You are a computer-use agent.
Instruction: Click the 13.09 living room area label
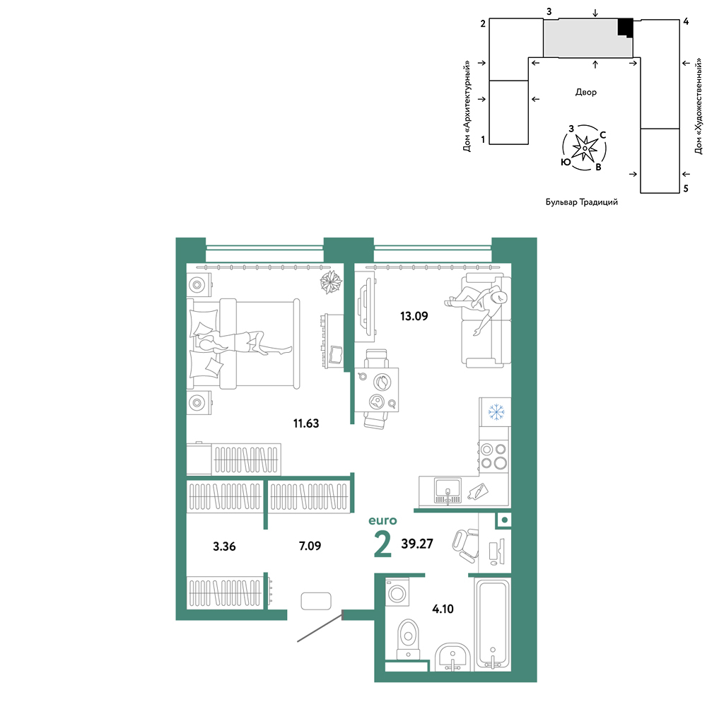(414, 316)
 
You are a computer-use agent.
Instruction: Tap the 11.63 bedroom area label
(306, 423)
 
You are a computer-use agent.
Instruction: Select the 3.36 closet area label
(224, 547)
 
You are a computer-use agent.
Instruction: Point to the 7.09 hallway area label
(310, 546)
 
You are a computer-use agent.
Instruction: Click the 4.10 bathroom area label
(443, 609)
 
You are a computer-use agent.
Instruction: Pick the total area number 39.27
(417, 544)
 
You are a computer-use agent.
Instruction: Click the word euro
(382, 521)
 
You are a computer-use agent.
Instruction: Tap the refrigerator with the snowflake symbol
(495, 411)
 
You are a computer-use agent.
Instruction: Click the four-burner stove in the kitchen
(493, 456)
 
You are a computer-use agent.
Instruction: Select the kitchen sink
(448, 491)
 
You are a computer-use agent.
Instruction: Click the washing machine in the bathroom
(397, 592)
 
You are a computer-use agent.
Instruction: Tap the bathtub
(493, 624)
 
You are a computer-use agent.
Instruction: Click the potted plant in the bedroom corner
(331, 282)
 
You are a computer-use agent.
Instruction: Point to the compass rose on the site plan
(585, 148)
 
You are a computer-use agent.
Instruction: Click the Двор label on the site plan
(585, 93)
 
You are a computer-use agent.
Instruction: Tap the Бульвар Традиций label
(582, 202)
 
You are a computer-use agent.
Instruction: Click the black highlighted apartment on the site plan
(626, 28)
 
